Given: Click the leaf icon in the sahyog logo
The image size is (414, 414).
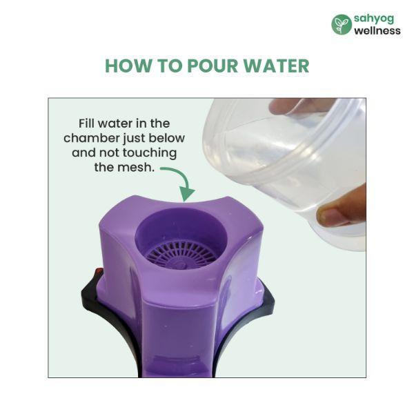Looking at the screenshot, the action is coord(342,25).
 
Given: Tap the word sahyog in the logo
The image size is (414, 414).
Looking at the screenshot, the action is coord(374,19).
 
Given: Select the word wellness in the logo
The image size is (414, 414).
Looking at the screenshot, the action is coord(377,30).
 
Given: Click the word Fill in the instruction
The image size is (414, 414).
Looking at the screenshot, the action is coord(87,124).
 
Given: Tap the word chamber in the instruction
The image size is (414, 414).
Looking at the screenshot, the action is coord(91,138).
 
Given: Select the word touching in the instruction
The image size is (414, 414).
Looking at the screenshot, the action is coord(150,153).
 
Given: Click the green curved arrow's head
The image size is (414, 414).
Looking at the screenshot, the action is coord(186,195).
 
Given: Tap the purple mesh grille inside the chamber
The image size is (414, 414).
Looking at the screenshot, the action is coord(181,254).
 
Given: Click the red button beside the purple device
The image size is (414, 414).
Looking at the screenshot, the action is coord(99,271).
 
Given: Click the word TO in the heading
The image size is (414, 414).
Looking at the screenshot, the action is coord(170,66).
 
